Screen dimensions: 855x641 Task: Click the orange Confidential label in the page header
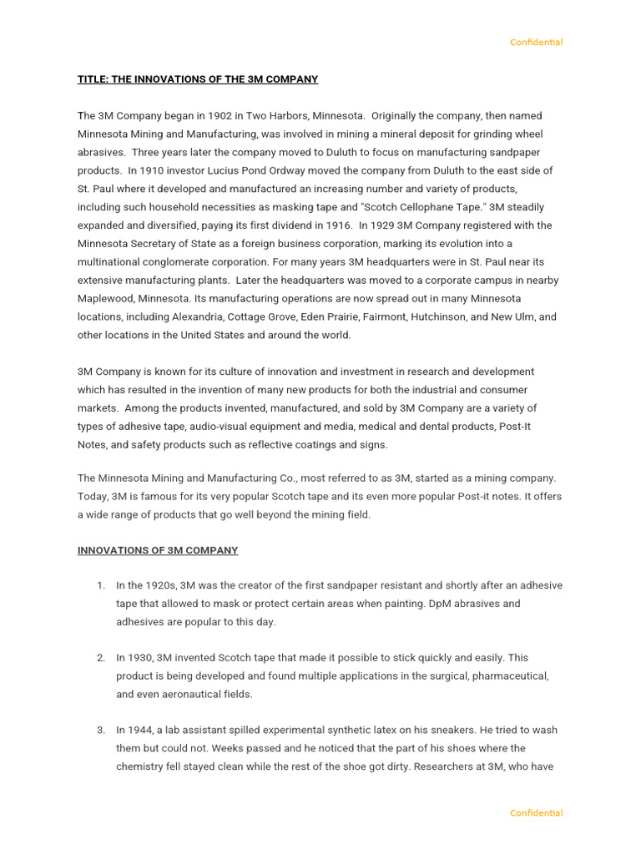click(536, 43)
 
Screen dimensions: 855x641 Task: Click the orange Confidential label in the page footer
click(536, 813)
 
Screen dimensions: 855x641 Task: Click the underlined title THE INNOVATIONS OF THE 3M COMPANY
click(198, 79)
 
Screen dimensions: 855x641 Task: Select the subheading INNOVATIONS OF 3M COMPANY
click(158, 551)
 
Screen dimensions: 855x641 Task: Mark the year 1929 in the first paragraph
click(373, 225)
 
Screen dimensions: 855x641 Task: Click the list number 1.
click(100, 586)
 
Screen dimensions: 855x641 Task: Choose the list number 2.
click(100, 658)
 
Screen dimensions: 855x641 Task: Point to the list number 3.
click(100, 731)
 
